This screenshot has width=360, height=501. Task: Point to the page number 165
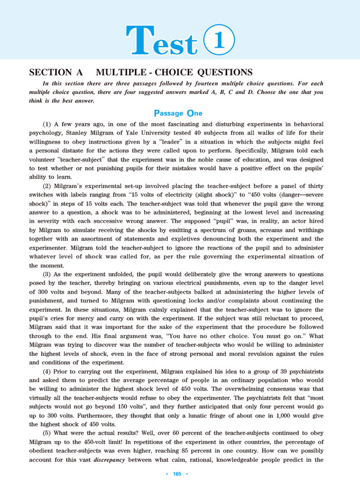click(180, 487)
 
